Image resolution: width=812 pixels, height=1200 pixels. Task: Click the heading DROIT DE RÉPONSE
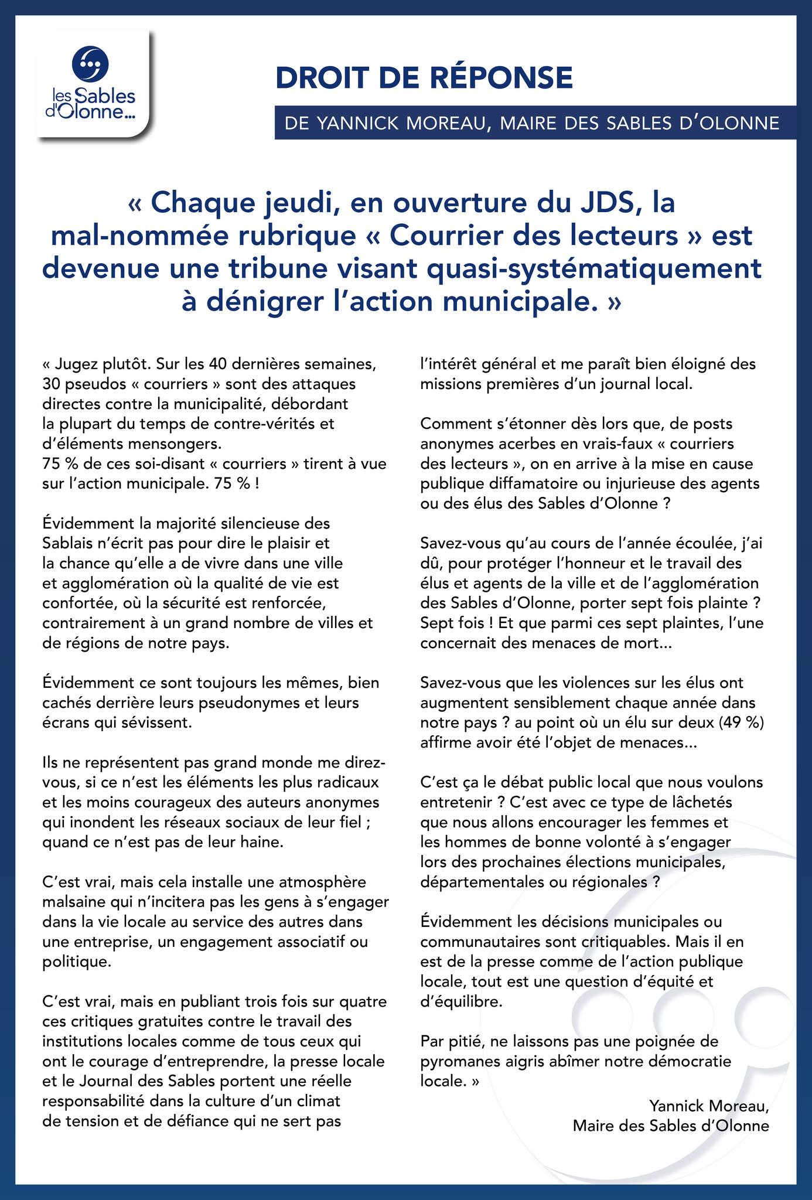coord(424,79)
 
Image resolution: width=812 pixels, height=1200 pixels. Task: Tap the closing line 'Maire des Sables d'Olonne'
coord(671,1126)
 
